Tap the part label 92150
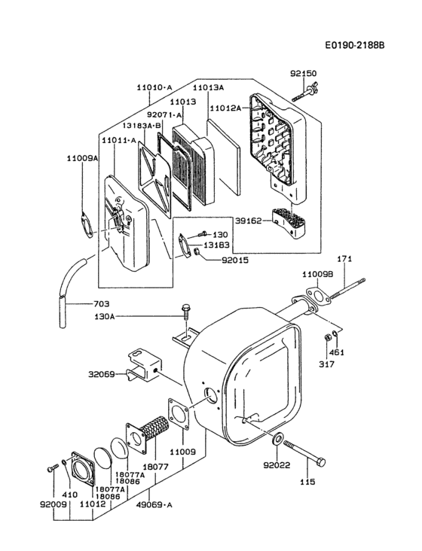click(304, 74)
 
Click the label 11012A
click(227, 108)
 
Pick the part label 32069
click(102, 373)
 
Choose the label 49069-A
click(155, 505)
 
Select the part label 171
click(344, 260)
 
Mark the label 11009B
click(317, 274)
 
